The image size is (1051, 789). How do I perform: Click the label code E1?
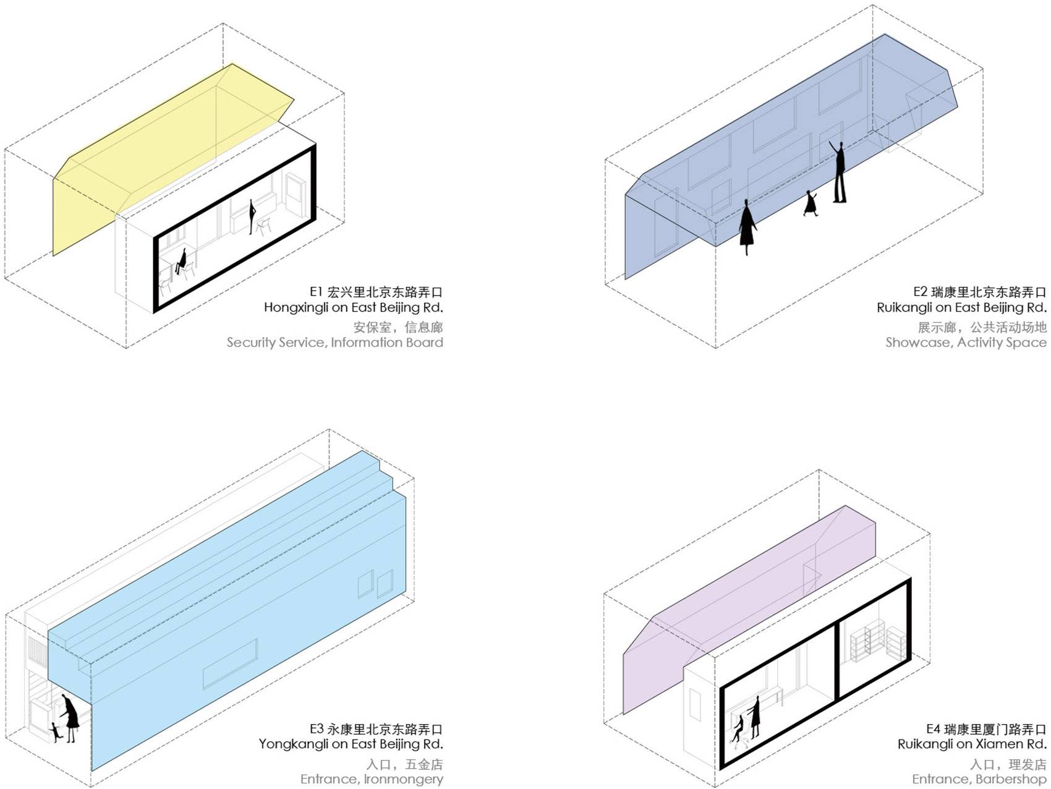pyautogui.click(x=317, y=292)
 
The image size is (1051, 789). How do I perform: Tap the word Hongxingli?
pyautogui.click(x=297, y=308)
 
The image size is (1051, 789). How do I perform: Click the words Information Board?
pyautogui.click(x=387, y=343)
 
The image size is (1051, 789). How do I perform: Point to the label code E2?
pyautogui.click(x=921, y=292)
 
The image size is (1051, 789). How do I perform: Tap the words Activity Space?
pyautogui.click(x=1002, y=343)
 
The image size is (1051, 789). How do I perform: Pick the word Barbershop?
pyautogui.click(x=1011, y=779)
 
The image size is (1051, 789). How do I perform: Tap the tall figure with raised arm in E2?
pyautogui.click(x=838, y=172)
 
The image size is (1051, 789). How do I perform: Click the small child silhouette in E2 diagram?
pyautogui.click(x=811, y=203)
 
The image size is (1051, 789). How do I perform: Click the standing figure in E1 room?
pyautogui.click(x=252, y=217)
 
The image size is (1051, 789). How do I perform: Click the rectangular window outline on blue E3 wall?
pyautogui.click(x=230, y=664)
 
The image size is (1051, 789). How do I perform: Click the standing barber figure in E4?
pyautogui.click(x=754, y=717)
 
